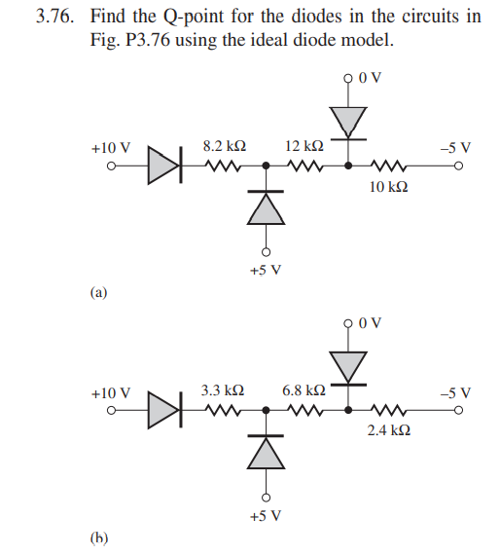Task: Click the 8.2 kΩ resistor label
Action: [x=223, y=146]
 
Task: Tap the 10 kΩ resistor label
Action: [x=388, y=185]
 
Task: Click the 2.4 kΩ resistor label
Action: [x=388, y=429]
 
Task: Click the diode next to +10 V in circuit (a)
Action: [x=163, y=166]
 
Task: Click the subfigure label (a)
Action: [x=98, y=290]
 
